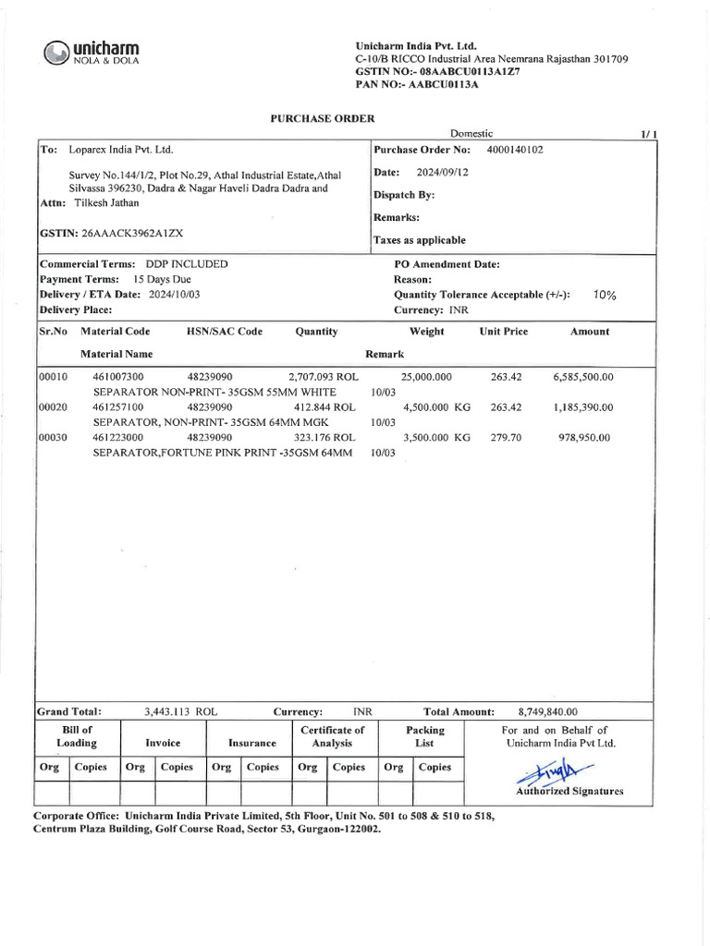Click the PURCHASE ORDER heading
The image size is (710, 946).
322,118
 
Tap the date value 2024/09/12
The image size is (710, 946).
443,172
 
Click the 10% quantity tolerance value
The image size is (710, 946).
605,295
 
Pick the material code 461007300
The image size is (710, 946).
118,377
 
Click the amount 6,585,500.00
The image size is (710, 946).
582,377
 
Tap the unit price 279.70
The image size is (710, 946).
506,437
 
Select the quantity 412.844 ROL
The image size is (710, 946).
324,406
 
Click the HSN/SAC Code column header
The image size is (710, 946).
225,332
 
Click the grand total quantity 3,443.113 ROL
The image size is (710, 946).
180,712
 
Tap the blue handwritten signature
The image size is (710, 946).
557,771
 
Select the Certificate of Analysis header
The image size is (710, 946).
332,736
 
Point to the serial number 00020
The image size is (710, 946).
52,406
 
